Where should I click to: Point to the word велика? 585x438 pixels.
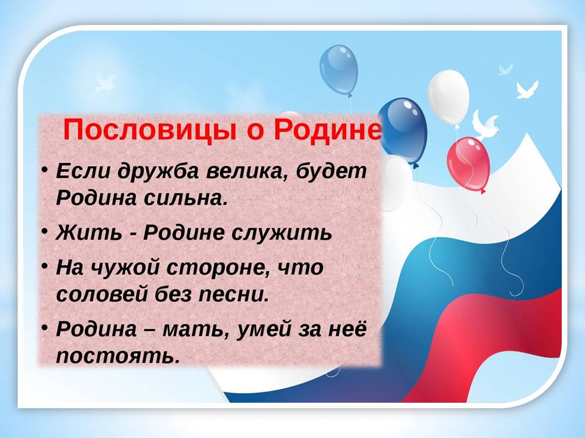[x=246, y=172]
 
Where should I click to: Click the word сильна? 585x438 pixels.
[x=186, y=198]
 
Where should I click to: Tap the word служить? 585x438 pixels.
[x=282, y=234]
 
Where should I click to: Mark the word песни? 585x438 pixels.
[x=233, y=294]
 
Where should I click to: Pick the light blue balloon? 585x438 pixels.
[x=339, y=70]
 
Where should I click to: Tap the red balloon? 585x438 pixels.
[x=469, y=163]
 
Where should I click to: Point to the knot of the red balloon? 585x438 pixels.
[x=483, y=191]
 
